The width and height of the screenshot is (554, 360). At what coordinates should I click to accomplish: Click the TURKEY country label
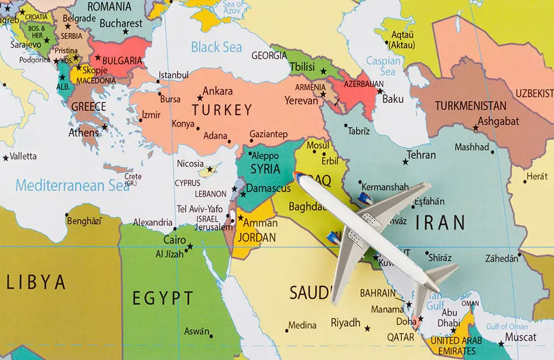(x=222, y=110)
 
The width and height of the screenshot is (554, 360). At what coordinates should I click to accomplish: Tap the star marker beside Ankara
(x=200, y=98)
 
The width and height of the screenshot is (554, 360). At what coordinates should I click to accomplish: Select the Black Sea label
(x=217, y=47)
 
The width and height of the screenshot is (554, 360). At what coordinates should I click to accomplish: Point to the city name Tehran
(x=421, y=155)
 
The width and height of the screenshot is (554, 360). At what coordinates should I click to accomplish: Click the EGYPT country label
(x=163, y=299)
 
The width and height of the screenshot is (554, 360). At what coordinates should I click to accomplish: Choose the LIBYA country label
(x=36, y=282)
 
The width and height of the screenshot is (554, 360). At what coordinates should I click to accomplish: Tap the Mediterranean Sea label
(x=72, y=185)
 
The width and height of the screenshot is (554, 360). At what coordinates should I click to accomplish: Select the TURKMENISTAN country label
(x=470, y=106)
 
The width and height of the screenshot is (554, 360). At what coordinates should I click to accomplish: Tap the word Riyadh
(x=346, y=322)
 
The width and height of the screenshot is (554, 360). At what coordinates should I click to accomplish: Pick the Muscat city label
(x=521, y=337)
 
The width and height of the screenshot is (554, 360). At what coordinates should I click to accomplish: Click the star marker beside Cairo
(x=190, y=246)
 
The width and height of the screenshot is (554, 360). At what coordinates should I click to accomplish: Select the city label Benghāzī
(x=85, y=221)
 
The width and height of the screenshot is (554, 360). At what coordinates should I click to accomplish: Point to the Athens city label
(x=84, y=133)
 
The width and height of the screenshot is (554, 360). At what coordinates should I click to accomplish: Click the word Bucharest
(x=121, y=23)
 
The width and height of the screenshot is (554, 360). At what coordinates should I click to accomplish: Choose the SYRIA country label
(x=265, y=168)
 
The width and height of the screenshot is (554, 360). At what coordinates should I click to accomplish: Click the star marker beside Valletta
(x=6, y=158)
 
